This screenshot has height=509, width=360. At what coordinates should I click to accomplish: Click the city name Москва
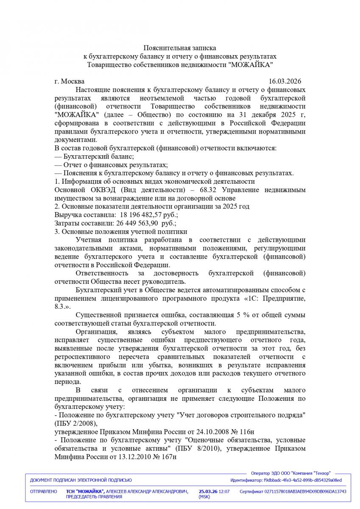click(73, 81)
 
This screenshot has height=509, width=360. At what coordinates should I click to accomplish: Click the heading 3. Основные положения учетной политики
click(120, 232)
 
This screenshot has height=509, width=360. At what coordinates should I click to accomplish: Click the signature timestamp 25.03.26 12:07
click(214, 491)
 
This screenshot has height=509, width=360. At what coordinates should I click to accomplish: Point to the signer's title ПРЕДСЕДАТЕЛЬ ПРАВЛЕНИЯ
click(94, 496)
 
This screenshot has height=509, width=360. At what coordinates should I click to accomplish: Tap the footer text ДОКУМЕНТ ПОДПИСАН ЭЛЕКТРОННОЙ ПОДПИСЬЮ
click(81, 480)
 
